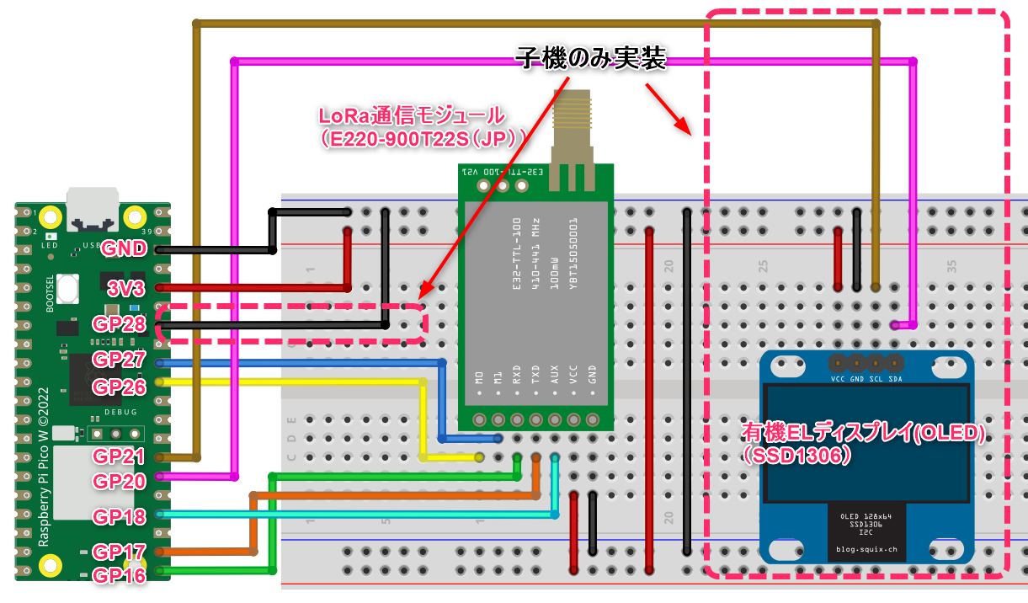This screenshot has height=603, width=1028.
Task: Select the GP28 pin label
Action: pos(119,324)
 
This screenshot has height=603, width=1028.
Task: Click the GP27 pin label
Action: pos(119,360)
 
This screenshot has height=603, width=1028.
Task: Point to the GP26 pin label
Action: pos(119,387)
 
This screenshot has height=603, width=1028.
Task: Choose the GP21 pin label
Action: pos(119,456)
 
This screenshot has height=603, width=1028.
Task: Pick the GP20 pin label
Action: pos(119,481)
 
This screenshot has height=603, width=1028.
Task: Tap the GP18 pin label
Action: pos(119,516)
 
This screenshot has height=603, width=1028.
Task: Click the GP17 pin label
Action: pos(119,552)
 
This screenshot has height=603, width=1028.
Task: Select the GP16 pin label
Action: pos(119,575)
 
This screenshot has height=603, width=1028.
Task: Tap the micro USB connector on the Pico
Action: pos(93,211)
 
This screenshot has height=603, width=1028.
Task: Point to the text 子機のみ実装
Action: pos(590,58)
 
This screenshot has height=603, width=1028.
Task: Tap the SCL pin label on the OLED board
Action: pos(876,378)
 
